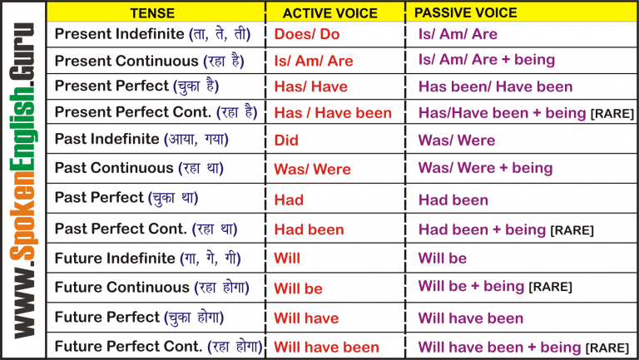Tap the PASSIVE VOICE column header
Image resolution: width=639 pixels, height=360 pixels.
pos(465,12)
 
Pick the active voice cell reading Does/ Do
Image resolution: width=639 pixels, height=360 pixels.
pos(305,35)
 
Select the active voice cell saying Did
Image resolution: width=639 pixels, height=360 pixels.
pos(286,141)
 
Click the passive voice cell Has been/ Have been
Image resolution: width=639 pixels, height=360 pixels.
pos(495,86)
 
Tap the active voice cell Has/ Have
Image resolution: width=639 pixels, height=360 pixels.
pos(311,86)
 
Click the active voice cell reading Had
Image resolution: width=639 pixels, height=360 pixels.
pos(289,200)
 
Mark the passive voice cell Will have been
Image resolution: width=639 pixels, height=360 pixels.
pos(471,318)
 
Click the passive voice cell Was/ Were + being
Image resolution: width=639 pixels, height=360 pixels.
pos(485,168)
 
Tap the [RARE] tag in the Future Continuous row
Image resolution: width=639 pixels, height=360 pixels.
pos(550,288)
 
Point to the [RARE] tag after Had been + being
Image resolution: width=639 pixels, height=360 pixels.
pos(572,230)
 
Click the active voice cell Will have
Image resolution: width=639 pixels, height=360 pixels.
pos(306,318)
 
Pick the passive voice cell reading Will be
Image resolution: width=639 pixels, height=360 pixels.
pos(443,259)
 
